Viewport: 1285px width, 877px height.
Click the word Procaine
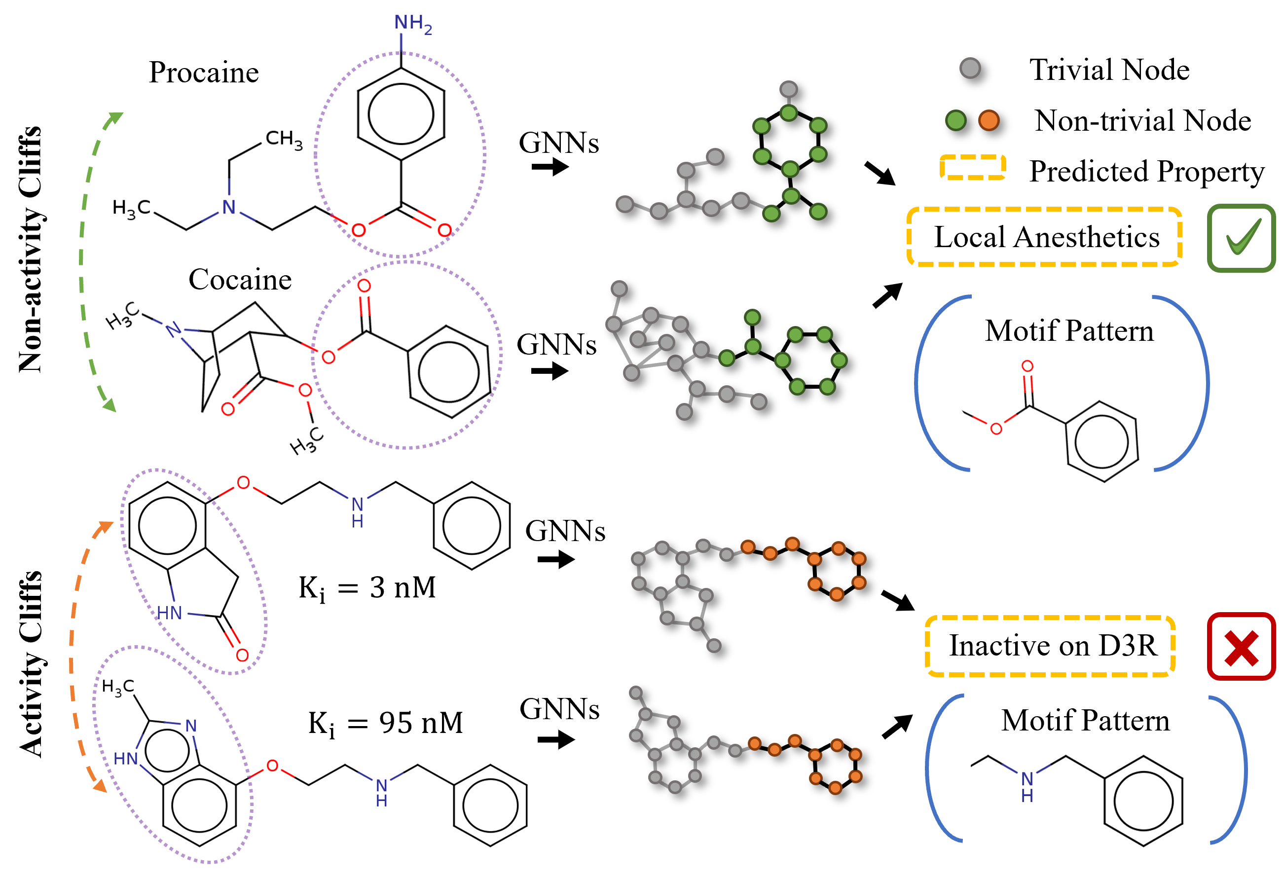(x=203, y=73)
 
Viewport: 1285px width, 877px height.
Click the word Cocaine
(x=239, y=279)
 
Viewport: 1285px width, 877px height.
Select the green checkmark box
(x=1241, y=238)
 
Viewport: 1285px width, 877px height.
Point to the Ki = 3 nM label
(x=367, y=588)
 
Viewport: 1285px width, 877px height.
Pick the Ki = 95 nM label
(x=385, y=723)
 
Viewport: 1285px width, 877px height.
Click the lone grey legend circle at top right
(x=970, y=68)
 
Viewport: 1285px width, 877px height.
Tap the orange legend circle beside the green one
(x=989, y=120)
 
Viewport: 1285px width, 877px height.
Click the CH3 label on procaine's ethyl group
(x=284, y=139)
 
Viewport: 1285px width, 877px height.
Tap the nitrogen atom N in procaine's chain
(x=228, y=207)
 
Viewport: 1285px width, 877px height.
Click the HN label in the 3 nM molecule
(x=169, y=613)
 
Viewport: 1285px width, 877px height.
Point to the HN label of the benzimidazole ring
(x=125, y=759)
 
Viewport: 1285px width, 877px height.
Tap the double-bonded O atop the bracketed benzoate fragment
(x=1028, y=366)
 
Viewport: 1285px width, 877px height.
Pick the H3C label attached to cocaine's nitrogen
(x=122, y=316)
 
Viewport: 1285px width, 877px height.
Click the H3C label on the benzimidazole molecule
(x=118, y=687)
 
